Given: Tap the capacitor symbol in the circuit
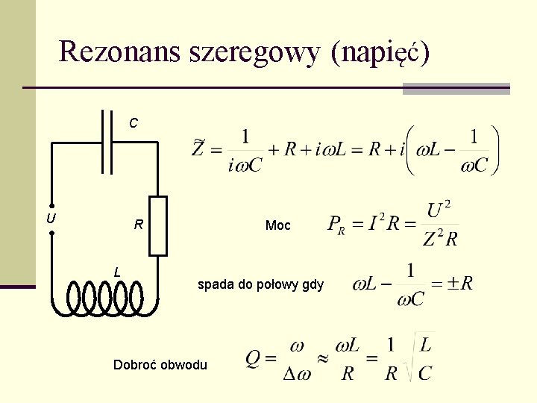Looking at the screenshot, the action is tap(105, 143).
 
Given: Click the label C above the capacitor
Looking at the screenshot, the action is tap(133, 122).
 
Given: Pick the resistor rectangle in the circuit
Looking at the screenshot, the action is tap(158, 226).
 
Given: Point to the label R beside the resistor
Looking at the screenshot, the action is tap(138, 225).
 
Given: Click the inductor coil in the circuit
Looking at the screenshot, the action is tap(104, 298).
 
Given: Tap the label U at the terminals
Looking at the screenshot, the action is tap(50, 219).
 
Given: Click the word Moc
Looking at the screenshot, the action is tap(278, 225).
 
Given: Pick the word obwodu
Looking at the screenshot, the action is tap(184, 365).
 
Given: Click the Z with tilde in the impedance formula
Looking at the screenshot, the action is tap(198, 147).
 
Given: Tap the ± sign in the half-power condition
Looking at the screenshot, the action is tap(453, 284).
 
